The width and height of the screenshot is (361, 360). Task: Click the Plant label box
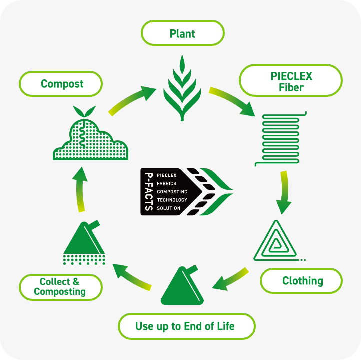coord(182,34)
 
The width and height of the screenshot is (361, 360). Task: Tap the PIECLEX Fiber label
coord(290,82)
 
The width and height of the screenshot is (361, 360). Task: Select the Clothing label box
coord(302,281)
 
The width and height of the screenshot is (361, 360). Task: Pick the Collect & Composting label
coord(60,287)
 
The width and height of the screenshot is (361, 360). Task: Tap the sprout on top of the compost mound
coord(84,111)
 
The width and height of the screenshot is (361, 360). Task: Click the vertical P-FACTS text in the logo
coord(148,192)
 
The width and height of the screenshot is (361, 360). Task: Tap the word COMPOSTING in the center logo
coord(172,192)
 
